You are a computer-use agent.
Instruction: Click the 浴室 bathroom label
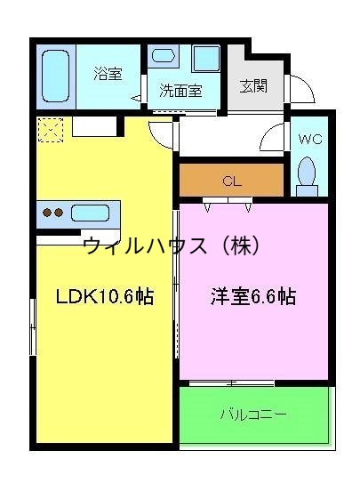click(x=108, y=74)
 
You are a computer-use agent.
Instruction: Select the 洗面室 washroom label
click(x=180, y=90)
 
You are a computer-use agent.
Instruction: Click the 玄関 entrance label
click(x=252, y=86)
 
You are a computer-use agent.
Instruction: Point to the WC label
click(x=310, y=140)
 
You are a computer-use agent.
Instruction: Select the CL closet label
click(x=232, y=181)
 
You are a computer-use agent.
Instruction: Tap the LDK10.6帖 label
click(x=104, y=297)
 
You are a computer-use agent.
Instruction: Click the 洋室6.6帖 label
click(x=252, y=297)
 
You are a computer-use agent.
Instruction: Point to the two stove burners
click(x=52, y=213)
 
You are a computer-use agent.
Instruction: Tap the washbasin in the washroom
click(x=164, y=55)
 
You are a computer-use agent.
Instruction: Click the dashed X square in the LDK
click(x=49, y=130)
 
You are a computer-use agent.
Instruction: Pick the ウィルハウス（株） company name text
click(x=170, y=245)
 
